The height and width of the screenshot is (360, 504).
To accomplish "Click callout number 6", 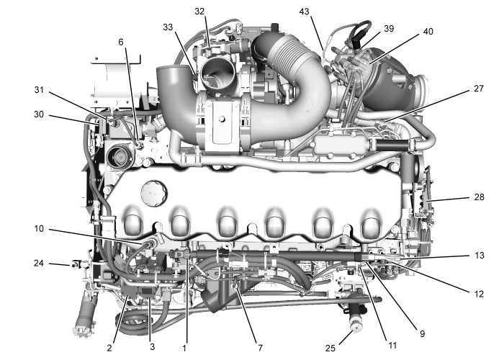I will (x=121, y=42).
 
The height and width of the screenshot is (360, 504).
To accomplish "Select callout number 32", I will (x=199, y=12).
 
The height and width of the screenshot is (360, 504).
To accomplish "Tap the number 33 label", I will (x=168, y=27).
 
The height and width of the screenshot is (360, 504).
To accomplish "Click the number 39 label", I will (x=389, y=28).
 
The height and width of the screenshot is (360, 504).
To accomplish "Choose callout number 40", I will (x=428, y=32).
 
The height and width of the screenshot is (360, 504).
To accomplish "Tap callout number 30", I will (x=39, y=114).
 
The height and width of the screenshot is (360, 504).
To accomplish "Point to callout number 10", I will (x=39, y=230).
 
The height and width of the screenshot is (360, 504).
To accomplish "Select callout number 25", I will (x=330, y=348).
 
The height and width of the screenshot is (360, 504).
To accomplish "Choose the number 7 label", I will (x=259, y=348).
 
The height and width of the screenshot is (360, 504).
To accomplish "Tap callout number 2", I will (x=109, y=348).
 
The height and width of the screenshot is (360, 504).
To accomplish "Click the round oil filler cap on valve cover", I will (x=153, y=192).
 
